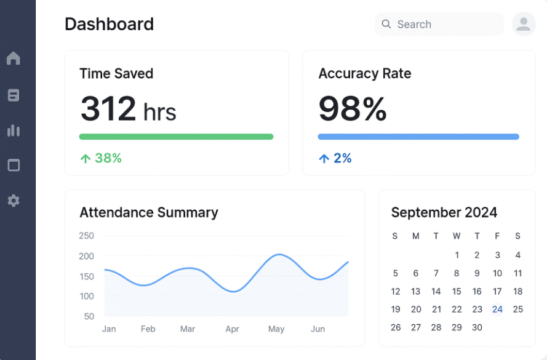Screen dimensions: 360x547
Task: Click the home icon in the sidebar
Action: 14,58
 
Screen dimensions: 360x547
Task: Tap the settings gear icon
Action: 14,201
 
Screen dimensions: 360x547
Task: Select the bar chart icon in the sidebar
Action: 14,130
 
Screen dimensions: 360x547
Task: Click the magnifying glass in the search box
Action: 386,24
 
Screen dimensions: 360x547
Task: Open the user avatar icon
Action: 524,24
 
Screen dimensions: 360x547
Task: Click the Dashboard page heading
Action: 109,24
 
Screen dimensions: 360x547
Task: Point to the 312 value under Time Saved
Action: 108,108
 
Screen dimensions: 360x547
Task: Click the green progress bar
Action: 176,137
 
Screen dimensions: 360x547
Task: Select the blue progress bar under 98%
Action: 418,137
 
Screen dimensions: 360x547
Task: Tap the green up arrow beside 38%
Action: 86,159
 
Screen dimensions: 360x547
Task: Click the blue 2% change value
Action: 343,158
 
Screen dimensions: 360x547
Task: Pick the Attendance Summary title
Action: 149,212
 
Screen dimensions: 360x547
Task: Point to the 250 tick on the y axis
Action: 87,236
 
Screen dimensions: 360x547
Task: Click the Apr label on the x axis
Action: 232,329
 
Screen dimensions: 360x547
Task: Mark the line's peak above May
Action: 279,254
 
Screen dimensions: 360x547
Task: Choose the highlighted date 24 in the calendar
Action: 497,309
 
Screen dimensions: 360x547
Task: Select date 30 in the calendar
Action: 477,327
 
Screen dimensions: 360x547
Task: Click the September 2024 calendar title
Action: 444,212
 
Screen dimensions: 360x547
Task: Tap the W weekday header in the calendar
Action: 456,236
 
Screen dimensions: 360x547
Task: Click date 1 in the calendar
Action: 457,255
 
